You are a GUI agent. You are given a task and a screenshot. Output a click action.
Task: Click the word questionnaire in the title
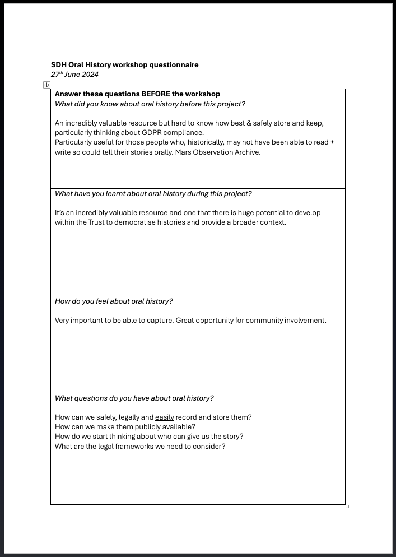click(174, 65)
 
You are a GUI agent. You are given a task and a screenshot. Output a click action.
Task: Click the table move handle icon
click(46, 85)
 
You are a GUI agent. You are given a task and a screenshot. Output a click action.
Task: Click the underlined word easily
click(165, 417)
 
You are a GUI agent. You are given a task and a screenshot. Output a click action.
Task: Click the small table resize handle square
click(347, 507)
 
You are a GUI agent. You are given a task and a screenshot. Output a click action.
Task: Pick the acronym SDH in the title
click(59, 65)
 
